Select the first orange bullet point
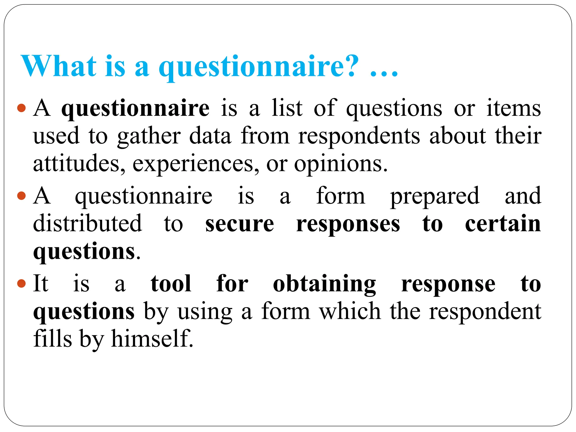coord(21,108)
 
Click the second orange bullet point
coord(21,196)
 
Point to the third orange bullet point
coord(21,283)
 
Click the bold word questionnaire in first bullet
coord(135,109)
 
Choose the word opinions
coord(341,165)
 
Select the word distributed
coord(87,223)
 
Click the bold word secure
coord(240,224)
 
